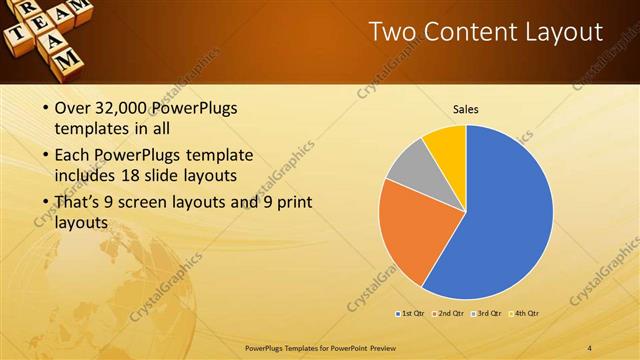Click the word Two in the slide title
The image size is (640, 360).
click(393, 32)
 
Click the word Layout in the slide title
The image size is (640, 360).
click(564, 32)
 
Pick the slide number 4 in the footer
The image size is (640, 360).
click(591, 347)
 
